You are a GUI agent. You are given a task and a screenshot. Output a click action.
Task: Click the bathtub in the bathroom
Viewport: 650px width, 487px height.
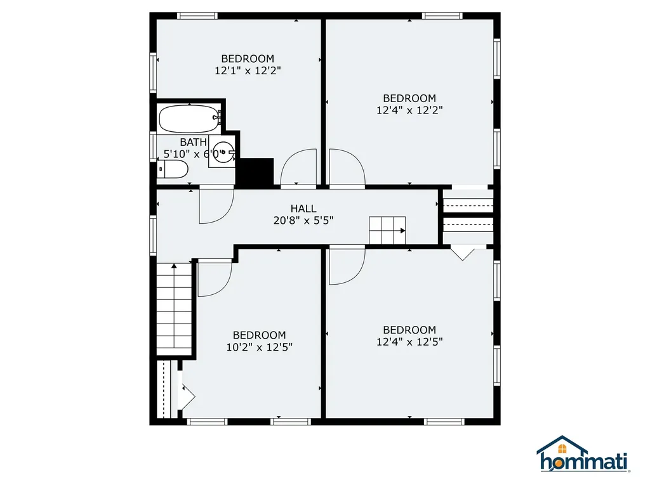188,119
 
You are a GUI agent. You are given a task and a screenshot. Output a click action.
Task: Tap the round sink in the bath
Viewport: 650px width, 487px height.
224,152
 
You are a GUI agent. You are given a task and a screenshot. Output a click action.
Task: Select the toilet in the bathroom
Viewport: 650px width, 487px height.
173,169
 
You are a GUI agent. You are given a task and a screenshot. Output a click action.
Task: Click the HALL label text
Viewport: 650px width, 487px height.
303,209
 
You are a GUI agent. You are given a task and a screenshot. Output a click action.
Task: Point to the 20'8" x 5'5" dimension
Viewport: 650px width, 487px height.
303,221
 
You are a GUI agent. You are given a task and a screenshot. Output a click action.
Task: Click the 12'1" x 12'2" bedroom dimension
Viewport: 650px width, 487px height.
248,71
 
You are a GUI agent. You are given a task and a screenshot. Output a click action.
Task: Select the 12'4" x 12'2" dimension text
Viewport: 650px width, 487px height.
409,110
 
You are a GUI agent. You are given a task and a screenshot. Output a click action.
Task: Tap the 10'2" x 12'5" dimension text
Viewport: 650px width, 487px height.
260,347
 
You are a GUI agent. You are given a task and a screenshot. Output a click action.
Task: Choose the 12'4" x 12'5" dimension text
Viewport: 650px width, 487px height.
409,342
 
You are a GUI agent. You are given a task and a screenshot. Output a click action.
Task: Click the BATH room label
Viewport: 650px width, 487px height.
193,143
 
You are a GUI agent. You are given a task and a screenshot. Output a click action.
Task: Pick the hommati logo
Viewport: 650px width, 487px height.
583,453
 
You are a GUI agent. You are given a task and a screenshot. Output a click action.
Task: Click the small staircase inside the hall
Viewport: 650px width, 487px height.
387,230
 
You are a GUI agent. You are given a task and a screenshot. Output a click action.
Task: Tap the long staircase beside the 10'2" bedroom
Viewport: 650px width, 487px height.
174,309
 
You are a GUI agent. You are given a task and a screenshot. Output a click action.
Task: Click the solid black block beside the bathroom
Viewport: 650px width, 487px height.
256,172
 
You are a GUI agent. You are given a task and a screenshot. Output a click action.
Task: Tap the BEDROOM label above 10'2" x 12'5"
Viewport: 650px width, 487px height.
260,335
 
